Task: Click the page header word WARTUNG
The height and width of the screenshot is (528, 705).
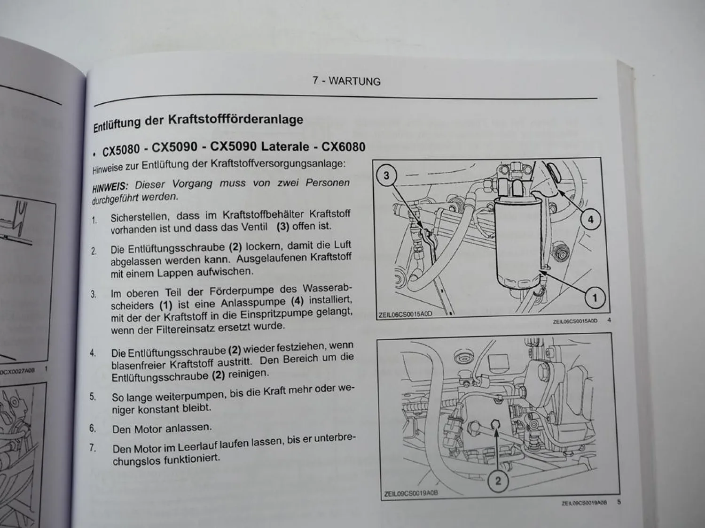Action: click(x=354, y=81)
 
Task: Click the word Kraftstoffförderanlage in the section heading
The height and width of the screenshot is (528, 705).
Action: click(x=236, y=120)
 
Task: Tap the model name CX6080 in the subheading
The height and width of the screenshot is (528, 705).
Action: click(x=344, y=147)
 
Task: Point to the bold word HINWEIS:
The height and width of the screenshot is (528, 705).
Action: click(x=110, y=186)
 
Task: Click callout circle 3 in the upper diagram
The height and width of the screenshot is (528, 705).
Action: click(x=386, y=176)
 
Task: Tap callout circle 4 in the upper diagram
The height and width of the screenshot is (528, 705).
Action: click(x=591, y=220)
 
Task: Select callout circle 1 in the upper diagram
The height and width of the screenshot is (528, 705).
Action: click(x=595, y=298)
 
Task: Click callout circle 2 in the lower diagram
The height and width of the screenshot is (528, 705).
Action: click(x=498, y=481)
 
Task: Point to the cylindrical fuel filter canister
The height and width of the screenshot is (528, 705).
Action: click(x=518, y=244)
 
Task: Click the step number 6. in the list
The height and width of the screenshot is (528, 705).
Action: click(x=93, y=429)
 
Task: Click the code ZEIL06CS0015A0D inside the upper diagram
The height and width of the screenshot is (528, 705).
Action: click(x=405, y=314)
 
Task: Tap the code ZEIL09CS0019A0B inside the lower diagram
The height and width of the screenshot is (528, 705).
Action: click(x=411, y=493)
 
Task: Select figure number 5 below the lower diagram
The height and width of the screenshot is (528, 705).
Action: click(x=619, y=502)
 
